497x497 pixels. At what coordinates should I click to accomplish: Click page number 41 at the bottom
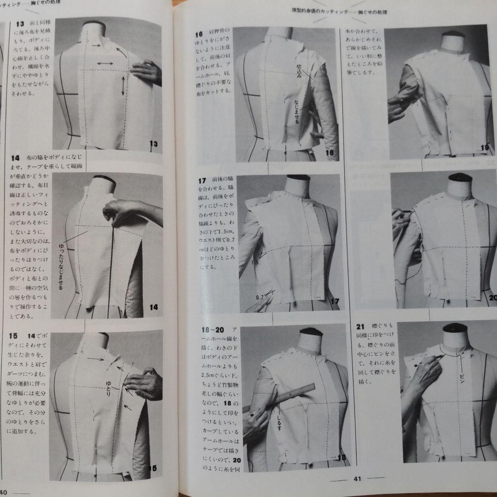(x=357, y=478)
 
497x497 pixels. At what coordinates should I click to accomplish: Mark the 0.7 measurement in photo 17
(x=260, y=297)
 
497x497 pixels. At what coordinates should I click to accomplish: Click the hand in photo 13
(x=146, y=72)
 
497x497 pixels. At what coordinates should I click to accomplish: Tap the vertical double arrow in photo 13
(x=123, y=86)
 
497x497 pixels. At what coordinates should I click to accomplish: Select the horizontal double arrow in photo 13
(x=105, y=62)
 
